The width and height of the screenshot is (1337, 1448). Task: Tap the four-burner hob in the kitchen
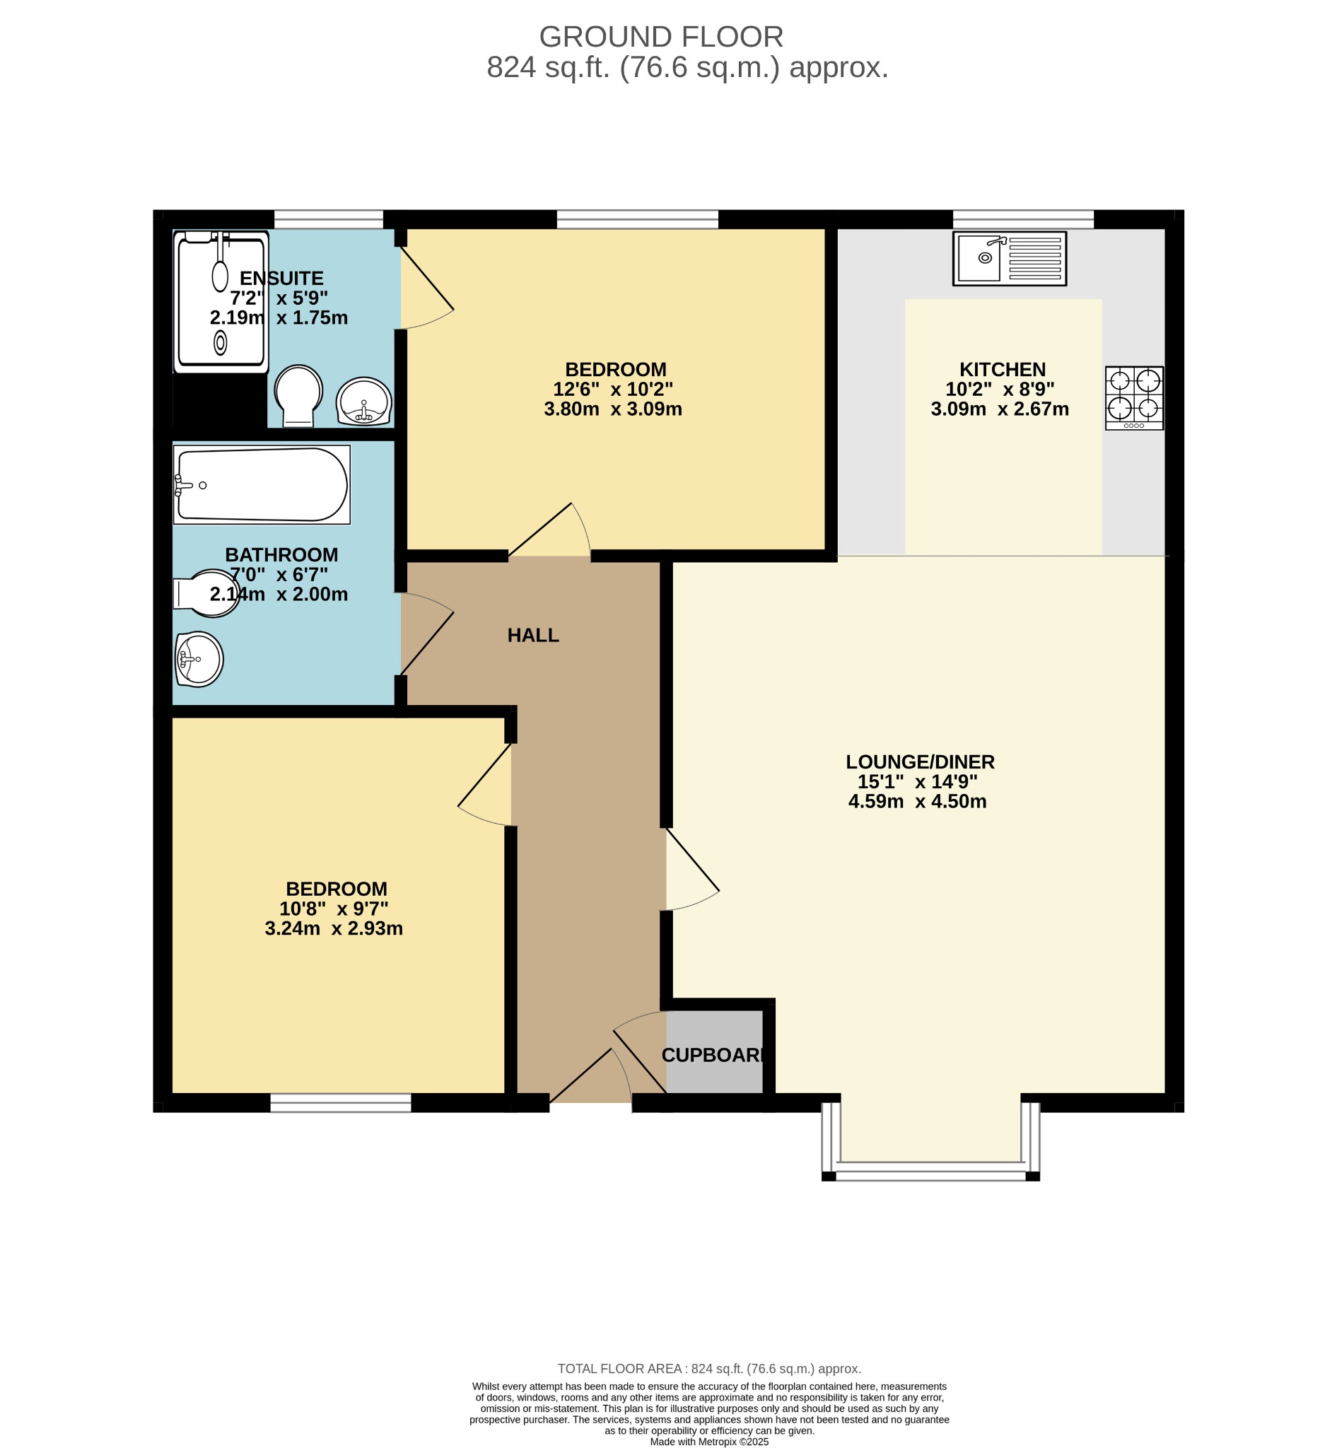click(x=1133, y=398)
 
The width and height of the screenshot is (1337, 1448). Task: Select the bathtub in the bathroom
click(x=262, y=485)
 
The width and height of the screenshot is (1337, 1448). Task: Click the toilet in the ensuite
click(x=298, y=395)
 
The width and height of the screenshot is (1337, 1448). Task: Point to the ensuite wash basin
click(x=364, y=401)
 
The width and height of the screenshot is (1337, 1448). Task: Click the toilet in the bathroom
click(x=206, y=594)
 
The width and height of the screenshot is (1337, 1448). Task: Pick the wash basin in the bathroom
click(x=199, y=659)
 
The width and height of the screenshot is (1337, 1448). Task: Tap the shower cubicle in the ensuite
click(x=221, y=301)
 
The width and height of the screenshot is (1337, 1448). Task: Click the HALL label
click(x=533, y=636)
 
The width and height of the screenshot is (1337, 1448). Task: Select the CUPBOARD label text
click(x=713, y=1055)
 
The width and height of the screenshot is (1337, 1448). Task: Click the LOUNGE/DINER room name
click(x=920, y=762)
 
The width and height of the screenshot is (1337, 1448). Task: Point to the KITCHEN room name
click(x=1002, y=370)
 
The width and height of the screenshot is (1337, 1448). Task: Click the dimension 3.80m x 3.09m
click(x=613, y=409)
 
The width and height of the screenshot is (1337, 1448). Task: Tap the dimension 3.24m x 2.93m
click(x=334, y=929)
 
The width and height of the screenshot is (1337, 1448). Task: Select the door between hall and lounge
click(x=691, y=870)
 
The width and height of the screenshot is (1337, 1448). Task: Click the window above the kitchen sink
click(x=1022, y=218)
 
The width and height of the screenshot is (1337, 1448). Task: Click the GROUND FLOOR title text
click(x=660, y=37)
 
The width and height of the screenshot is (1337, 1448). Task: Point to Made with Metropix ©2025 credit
click(x=708, y=1442)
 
